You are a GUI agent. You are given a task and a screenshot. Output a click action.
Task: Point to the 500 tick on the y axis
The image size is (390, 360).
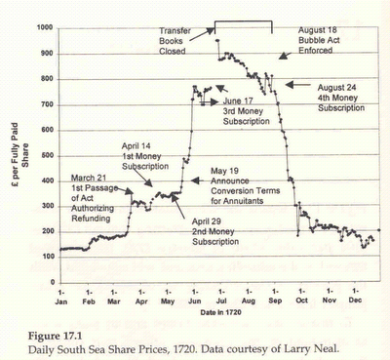(x=47, y=154)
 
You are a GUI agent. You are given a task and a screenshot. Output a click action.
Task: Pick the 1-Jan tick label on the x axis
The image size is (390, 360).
(x=62, y=296)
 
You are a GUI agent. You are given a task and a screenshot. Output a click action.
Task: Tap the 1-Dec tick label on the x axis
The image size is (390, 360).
(x=354, y=296)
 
